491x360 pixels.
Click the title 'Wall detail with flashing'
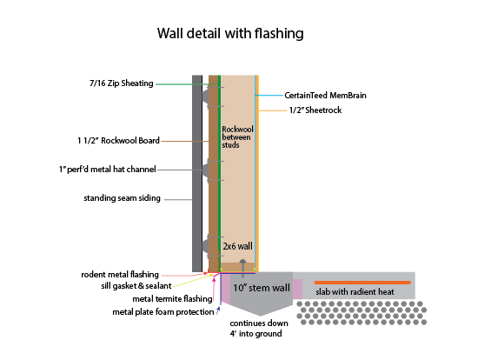click(x=230, y=34)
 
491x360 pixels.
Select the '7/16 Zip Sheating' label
click(x=122, y=83)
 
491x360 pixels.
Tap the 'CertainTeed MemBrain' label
click(x=325, y=96)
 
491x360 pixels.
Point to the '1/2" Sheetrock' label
click(x=315, y=110)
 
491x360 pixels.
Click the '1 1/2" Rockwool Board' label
click(x=118, y=141)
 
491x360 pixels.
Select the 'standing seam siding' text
click(x=122, y=198)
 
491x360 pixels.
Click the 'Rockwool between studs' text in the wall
click(x=237, y=137)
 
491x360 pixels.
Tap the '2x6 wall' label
click(x=237, y=246)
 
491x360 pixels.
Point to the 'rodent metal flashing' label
click(x=120, y=275)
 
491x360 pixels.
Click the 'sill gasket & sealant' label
click(x=136, y=286)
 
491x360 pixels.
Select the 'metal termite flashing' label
click(x=172, y=299)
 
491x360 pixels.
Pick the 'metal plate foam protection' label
click(x=163, y=312)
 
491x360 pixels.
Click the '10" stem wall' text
click(x=262, y=288)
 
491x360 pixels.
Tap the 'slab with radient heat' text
click(x=355, y=292)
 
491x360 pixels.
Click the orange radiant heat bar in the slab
click(x=362, y=283)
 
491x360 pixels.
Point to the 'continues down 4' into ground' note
click(x=259, y=329)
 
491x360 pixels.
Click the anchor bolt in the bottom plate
click(x=242, y=268)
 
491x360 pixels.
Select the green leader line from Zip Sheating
click(x=187, y=84)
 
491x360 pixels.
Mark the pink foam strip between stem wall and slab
click(x=297, y=289)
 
